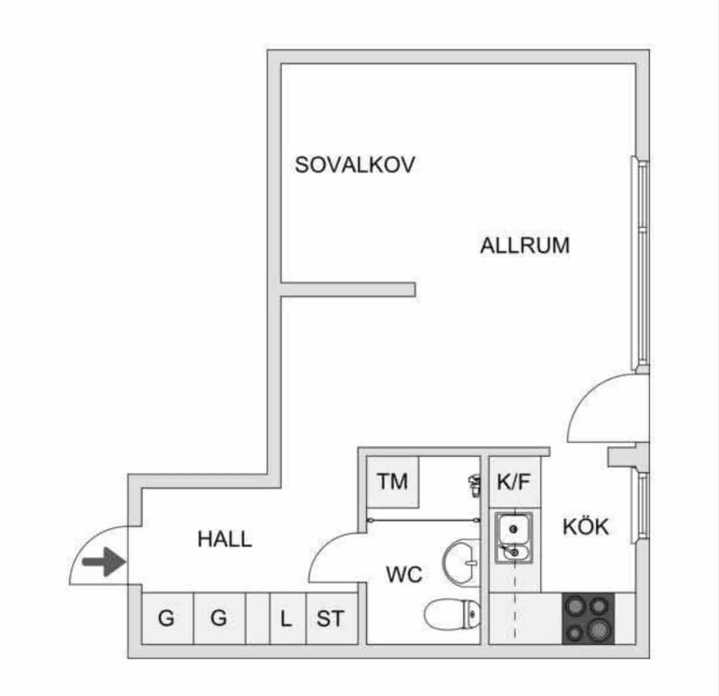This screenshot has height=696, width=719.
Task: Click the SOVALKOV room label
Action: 354,165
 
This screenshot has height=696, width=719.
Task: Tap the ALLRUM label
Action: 525,246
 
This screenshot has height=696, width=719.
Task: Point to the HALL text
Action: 225,539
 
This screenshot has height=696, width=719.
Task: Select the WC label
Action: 404,575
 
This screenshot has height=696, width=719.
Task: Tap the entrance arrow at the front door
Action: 104,562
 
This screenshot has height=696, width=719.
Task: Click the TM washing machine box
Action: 393,482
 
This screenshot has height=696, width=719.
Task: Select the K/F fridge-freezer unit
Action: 515,482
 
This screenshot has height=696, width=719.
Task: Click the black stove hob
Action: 589,619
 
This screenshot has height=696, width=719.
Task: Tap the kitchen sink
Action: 513,538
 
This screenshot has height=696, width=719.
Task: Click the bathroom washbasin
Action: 461,562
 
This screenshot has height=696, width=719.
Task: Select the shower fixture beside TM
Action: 474,486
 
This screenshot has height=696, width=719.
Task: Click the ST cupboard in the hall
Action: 332,619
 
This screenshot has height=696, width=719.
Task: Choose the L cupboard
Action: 288,619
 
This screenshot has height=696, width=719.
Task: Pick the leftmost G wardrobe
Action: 167,619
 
